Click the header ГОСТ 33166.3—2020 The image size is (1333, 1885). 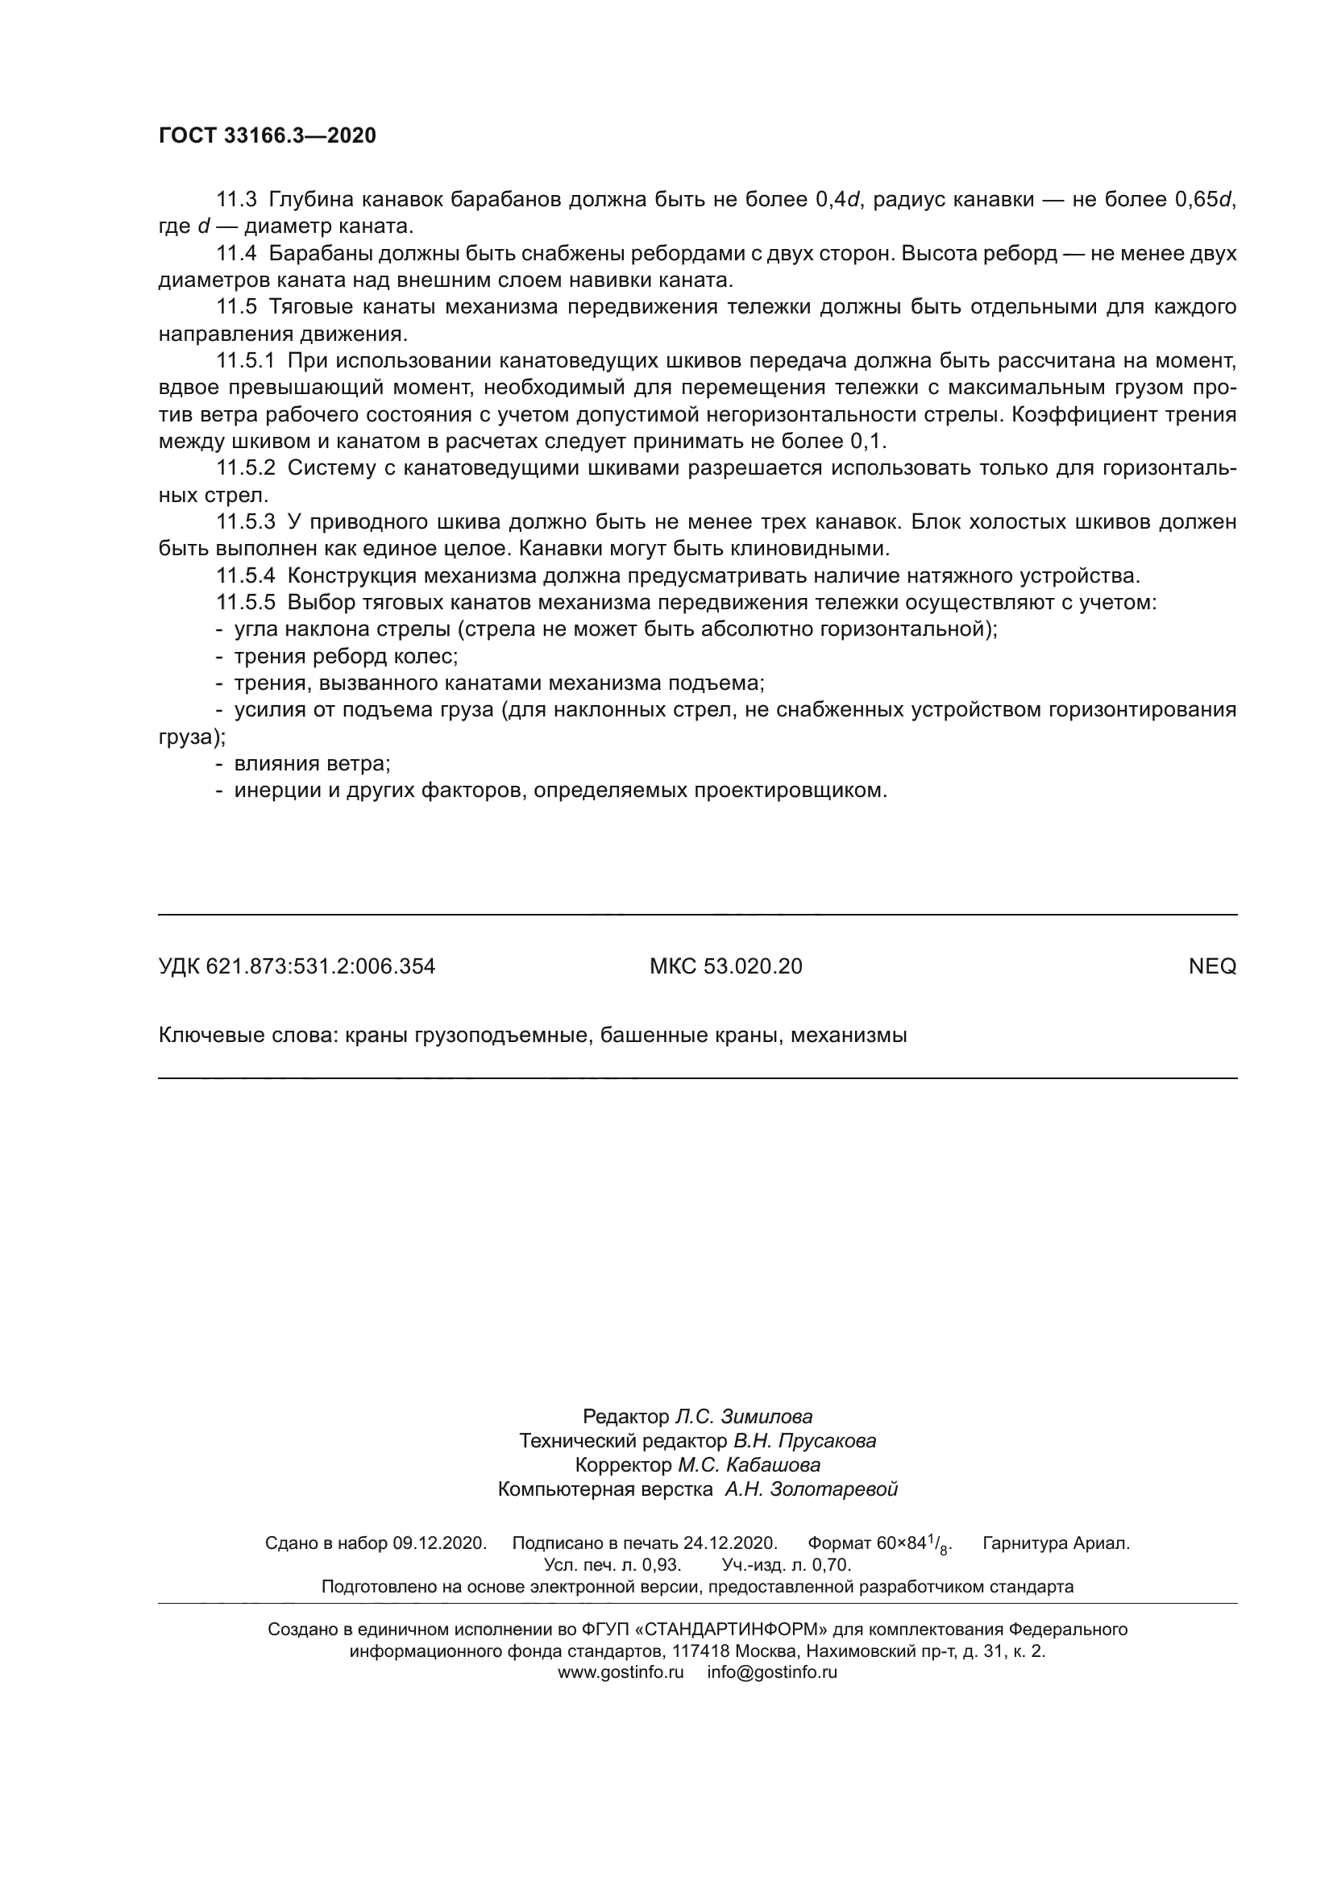click(267, 136)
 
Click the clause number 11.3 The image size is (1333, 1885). click(236, 200)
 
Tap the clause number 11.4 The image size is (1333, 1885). click(236, 254)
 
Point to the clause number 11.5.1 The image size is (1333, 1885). click(246, 361)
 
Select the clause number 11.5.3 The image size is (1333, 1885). click(246, 522)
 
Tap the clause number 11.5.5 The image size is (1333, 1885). click(246, 603)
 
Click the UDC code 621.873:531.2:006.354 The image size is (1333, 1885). click(320, 966)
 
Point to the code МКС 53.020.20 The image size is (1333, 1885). click(725, 966)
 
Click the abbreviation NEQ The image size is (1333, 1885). click(1211, 966)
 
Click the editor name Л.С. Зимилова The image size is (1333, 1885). click(744, 1416)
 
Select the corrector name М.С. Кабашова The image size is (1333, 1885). click(749, 1464)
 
